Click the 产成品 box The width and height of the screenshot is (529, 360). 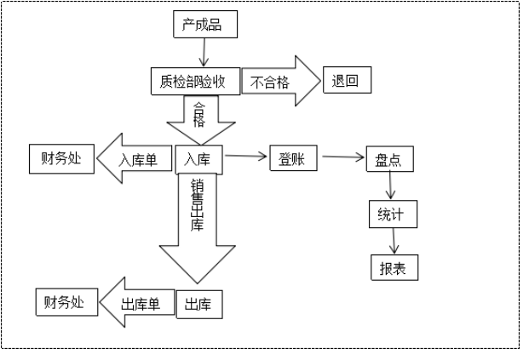coord(204,26)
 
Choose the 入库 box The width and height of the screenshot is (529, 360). coord(199,158)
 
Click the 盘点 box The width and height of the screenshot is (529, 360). coord(388,158)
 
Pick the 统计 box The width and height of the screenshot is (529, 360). coord(393,214)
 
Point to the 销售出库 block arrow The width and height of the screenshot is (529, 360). coord(198,226)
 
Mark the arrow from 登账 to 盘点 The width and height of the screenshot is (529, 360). coord(341,157)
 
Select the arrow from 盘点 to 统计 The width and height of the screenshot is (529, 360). coord(392,186)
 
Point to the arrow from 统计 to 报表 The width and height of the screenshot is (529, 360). coord(393,241)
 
